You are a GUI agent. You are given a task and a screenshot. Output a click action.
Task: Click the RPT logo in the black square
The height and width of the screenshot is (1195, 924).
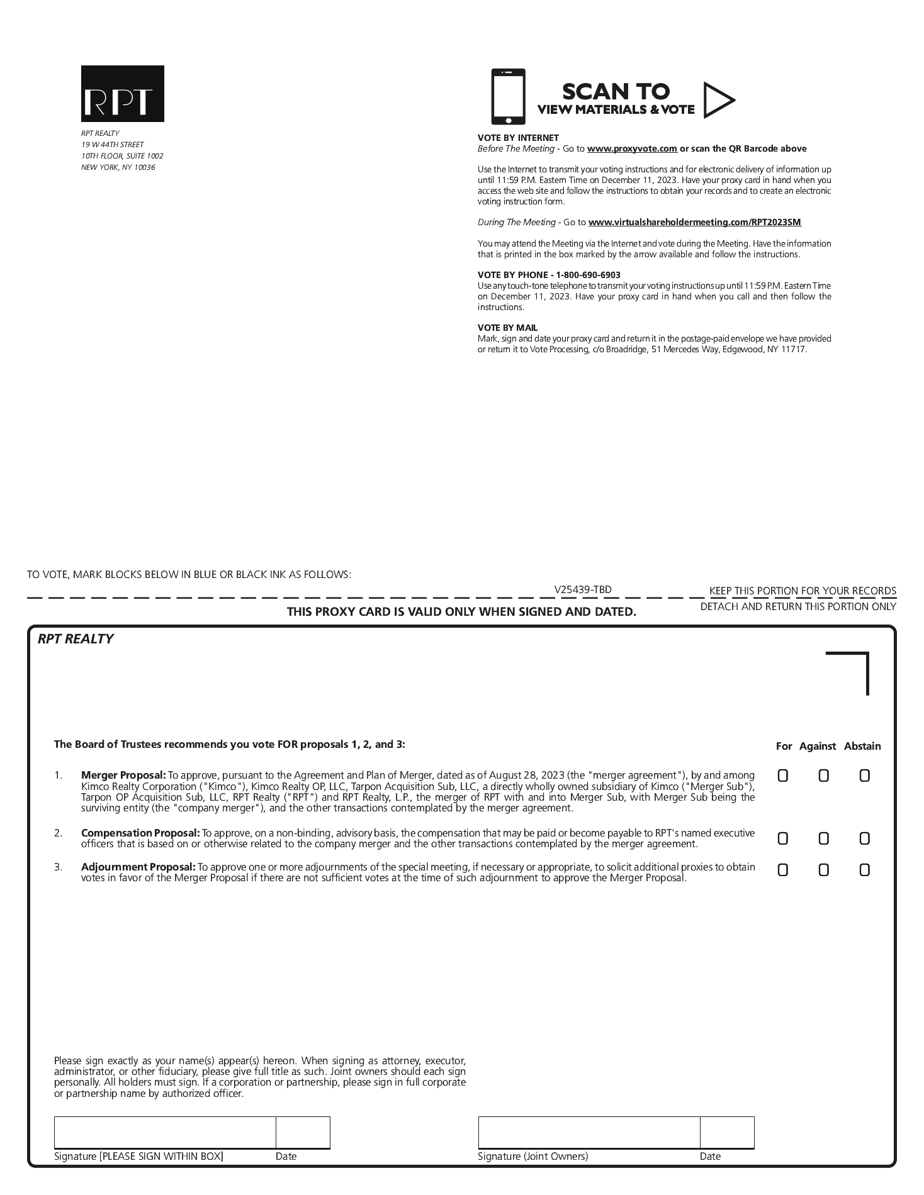click(122, 94)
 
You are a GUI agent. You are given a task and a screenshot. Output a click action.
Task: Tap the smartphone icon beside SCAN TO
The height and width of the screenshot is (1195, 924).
click(507, 97)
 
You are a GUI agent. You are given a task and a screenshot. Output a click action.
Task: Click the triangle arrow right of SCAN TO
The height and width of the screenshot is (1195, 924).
click(718, 100)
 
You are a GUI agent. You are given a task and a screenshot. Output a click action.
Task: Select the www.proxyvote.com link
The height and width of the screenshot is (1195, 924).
click(632, 149)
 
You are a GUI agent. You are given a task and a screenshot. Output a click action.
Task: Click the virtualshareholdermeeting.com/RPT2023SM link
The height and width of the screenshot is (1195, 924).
click(694, 222)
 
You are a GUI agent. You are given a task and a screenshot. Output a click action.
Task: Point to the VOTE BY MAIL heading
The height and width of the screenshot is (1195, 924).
click(507, 328)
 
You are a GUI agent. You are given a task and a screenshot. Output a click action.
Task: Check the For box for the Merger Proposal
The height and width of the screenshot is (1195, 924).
click(782, 775)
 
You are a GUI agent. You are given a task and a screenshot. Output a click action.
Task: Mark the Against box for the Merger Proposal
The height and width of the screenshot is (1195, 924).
click(823, 775)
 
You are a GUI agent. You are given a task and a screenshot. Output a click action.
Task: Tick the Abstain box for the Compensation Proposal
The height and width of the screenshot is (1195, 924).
click(864, 838)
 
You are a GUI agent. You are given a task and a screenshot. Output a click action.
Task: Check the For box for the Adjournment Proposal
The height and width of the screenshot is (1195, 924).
click(782, 870)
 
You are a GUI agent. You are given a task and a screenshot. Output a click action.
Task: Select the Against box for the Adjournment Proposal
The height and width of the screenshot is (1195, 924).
click(823, 870)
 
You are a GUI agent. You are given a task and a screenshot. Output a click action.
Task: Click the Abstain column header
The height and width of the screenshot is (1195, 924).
click(862, 746)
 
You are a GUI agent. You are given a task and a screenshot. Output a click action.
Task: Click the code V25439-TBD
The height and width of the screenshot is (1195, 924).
click(582, 589)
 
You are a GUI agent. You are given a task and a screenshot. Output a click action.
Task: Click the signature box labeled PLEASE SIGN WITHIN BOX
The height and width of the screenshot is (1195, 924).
click(165, 1132)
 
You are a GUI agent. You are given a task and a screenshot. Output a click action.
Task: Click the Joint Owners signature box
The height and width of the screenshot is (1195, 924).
click(589, 1132)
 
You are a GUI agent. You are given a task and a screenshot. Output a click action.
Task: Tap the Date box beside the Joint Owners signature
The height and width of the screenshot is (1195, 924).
click(727, 1132)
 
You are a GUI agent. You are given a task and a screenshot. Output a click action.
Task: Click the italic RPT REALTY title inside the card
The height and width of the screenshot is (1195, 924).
click(76, 639)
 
